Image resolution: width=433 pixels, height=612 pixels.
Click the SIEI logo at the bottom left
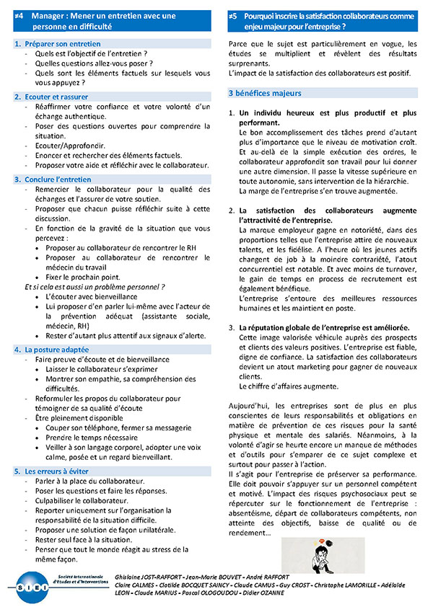tap(35, 586)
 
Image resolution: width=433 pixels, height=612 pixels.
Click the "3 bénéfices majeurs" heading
tap(265, 94)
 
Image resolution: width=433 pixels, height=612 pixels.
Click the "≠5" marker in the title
tap(232, 14)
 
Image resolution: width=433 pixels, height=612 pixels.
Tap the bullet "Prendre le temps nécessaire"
tap(95, 437)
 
